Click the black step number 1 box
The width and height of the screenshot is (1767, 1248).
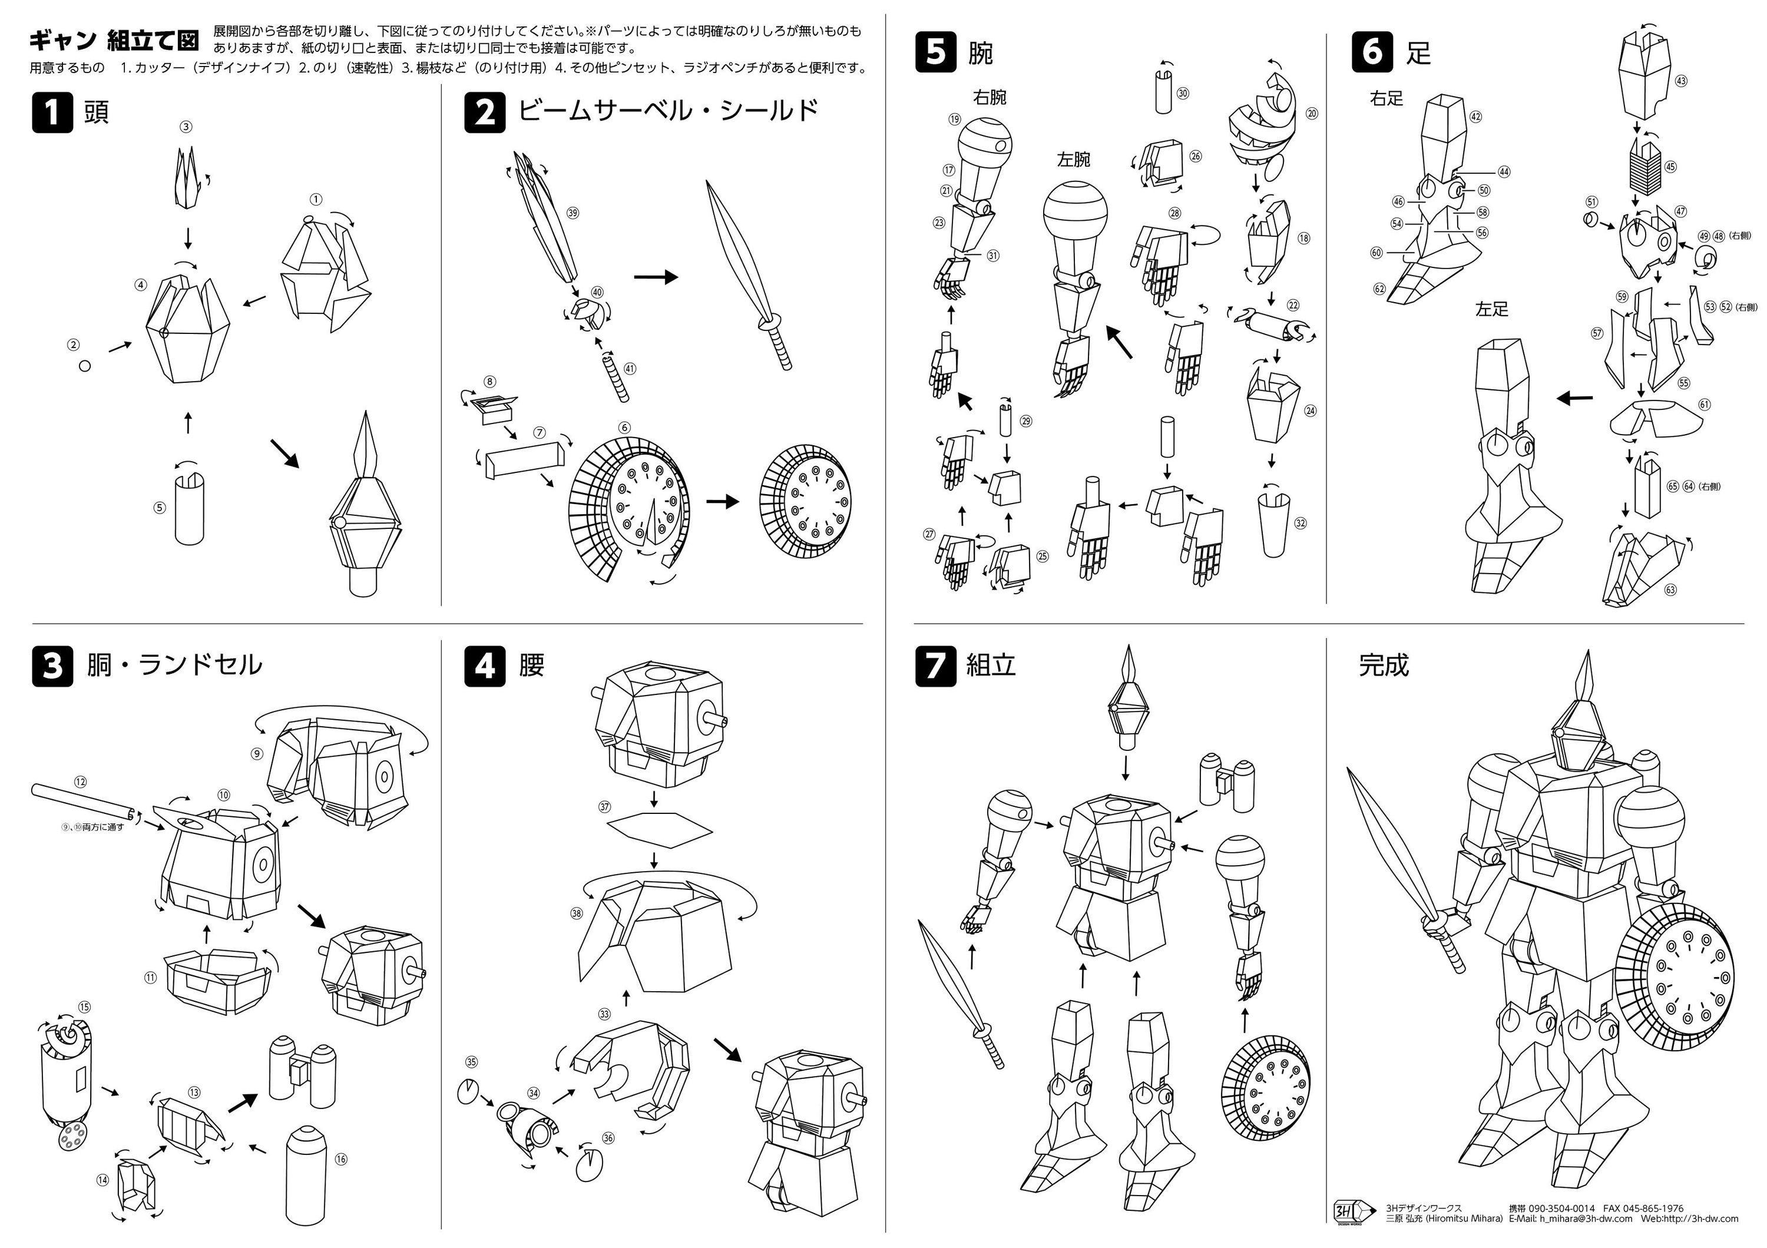point(52,112)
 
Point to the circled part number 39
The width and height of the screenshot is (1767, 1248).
point(572,213)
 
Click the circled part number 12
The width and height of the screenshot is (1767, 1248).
point(80,782)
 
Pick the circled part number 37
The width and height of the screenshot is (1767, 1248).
point(605,807)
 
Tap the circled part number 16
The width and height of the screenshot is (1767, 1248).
point(342,1158)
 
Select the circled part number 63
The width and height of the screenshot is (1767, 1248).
point(1670,590)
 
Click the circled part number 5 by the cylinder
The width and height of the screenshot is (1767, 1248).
point(159,508)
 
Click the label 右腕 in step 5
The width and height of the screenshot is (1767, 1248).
point(990,98)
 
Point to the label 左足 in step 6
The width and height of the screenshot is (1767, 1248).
point(1491,309)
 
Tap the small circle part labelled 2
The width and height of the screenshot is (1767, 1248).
point(85,366)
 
